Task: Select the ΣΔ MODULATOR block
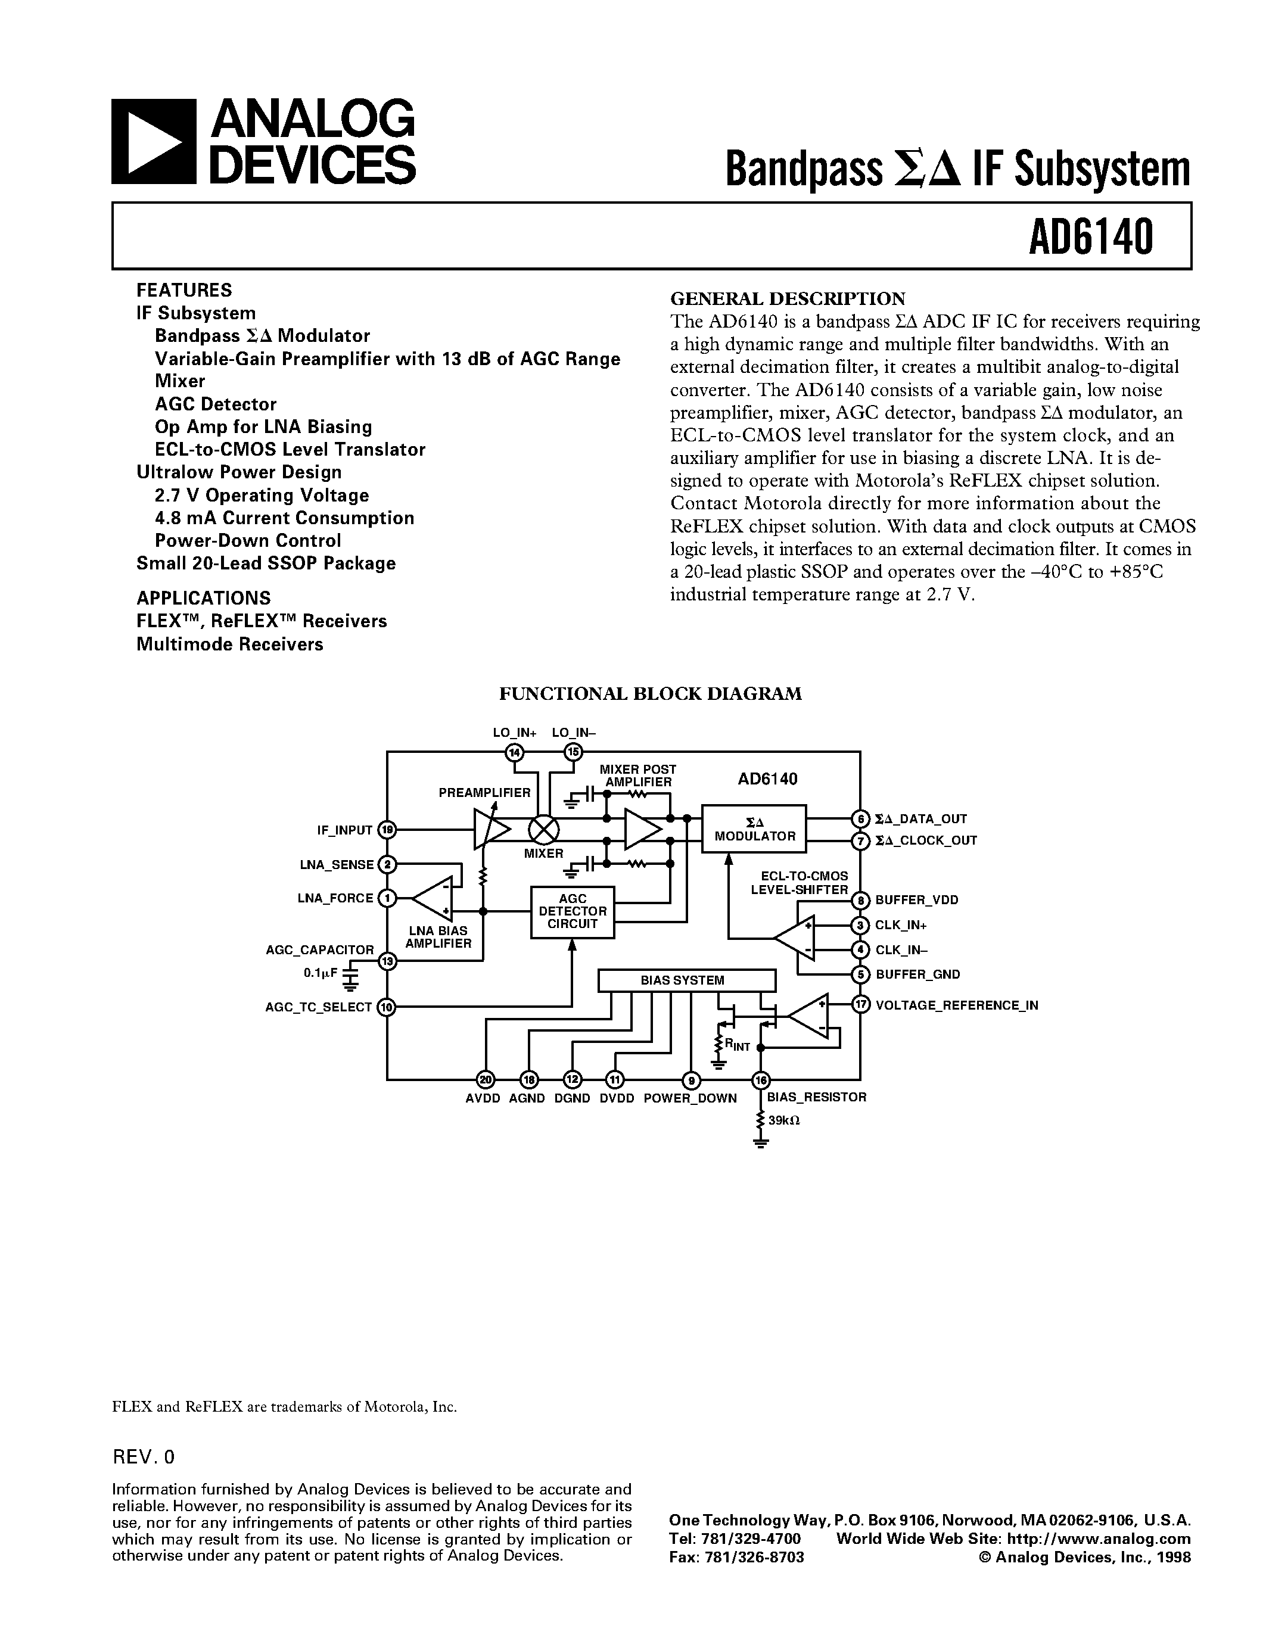click(754, 829)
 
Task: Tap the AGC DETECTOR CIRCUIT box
click(573, 911)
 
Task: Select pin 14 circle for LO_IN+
click(515, 752)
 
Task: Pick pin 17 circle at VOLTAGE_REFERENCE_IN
click(860, 1004)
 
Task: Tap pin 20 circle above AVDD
click(485, 1079)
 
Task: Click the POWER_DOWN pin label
click(690, 1098)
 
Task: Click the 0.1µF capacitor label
click(321, 973)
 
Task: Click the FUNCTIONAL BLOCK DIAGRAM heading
click(650, 694)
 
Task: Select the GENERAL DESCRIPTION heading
click(788, 298)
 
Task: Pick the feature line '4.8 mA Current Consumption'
click(284, 518)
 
